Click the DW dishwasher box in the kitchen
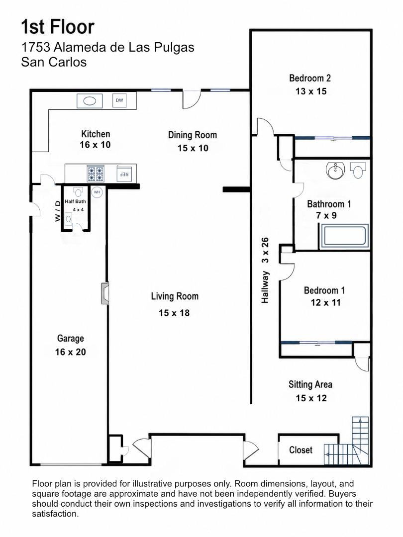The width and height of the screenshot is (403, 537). [119, 100]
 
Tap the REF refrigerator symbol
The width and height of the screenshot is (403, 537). [124, 174]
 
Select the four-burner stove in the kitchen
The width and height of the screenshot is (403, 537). [96, 174]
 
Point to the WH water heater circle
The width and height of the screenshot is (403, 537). [97, 192]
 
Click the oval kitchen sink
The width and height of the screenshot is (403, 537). [90, 101]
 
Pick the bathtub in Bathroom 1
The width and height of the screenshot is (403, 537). [344, 236]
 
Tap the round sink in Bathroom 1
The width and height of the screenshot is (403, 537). [335, 171]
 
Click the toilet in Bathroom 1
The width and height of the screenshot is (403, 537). [358, 170]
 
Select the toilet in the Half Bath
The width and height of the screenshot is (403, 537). [79, 191]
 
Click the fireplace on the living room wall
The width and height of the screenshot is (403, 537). [105, 293]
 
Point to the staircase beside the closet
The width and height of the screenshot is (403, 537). [347, 441]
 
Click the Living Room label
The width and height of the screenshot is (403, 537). [175, 296]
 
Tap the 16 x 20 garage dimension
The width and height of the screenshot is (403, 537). [71, 352]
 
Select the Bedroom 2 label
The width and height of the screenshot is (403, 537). [310, 79]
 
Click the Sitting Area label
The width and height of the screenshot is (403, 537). [310, 384]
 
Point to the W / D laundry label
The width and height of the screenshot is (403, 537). [58, 211]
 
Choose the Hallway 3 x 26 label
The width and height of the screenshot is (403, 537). [265, 270]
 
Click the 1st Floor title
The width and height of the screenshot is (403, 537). [58, 27]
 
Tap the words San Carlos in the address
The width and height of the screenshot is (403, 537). [54, 62]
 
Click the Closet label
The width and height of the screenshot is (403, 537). [301, 450]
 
